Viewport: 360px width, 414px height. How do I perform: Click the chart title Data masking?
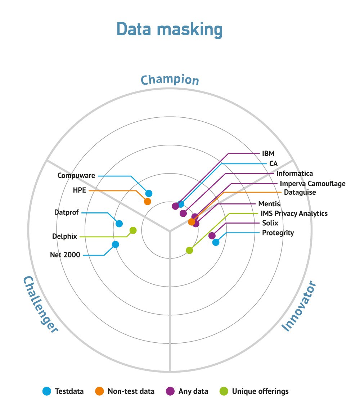click(x=169, y=29)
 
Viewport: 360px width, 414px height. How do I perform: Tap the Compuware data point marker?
click(x=149, y=193)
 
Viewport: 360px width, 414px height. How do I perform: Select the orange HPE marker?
click(x=148, y=202)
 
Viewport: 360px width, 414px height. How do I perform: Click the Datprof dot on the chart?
click(x=119, y=224)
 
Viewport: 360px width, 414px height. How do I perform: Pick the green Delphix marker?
click(x=133, y=230)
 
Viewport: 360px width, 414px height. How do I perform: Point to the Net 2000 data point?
click(x=115, y=244)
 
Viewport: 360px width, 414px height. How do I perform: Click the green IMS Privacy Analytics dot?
click(x=189, y=250)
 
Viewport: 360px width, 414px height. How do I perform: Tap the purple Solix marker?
click(x=212, y=236)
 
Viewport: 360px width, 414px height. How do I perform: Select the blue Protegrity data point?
click(x=216, y=242)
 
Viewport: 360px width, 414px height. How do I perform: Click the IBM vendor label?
click(x=268, y=154)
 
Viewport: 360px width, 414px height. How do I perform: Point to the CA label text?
click(x=273, y=163)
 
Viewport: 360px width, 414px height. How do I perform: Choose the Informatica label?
click(x=294, y=174)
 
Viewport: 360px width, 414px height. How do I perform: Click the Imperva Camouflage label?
click(x=312, y=184)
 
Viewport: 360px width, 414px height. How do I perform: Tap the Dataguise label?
click(x=300, y=192)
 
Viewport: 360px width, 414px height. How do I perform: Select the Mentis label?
click(x=269, y=204)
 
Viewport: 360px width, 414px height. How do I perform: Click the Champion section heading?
click(x=170, y=80)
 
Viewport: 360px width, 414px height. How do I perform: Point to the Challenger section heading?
click(x=40, y=305)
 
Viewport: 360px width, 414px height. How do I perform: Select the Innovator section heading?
click(x=299, y=306)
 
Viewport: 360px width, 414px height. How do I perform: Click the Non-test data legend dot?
click(x=99, y=391)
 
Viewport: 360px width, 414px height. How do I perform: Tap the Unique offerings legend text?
click(x=260, y=391)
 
